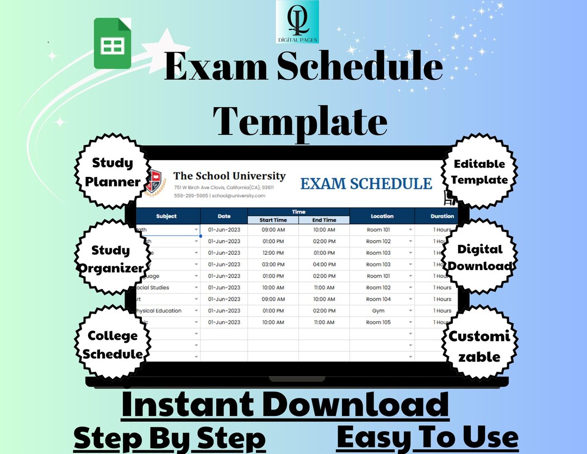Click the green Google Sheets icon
click(x=113, y=43)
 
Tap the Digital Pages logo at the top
click(x=297, y=22)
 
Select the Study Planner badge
click(x=113, y=172)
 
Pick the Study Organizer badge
click(x=110, y=259)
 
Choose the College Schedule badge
click(x=112, y=344)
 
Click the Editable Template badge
click(x=479, y=171)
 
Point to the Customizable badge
click(x=479, y=346)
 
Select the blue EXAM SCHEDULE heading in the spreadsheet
click(x=366, y=184)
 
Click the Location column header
click(x=382, y=216)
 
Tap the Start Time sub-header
click(x=273, y=220)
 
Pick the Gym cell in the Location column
click(x=378, y=311)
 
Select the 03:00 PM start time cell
click(x=273, y=265)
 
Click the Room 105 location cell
click(x=378, y=322)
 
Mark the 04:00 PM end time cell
click(x=324, y=265)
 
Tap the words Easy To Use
click(x=427, y=437)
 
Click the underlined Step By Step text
click(x=170, y=439)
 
